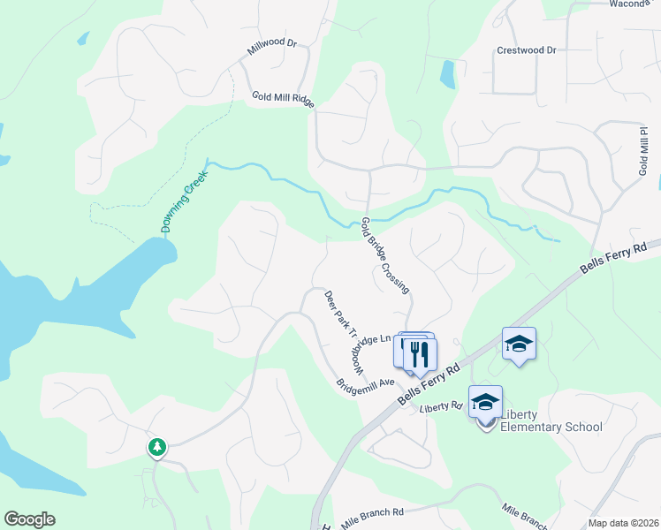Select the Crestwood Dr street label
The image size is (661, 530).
point(527,50)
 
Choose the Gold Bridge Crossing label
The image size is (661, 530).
point(385,255)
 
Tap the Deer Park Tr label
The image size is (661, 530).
point(340,314)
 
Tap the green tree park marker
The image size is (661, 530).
point(157,448)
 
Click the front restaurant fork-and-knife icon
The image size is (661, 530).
point(421,354)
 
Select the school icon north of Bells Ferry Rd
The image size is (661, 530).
point(519,344)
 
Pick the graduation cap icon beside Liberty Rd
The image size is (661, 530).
point(485,402)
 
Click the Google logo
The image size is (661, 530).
point(29,519)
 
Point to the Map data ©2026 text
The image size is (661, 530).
point(623,523)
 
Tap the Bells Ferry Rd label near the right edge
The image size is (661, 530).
point(619,258)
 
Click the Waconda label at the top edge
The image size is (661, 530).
point(629,4)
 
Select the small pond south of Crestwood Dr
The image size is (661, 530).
point(448,74)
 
